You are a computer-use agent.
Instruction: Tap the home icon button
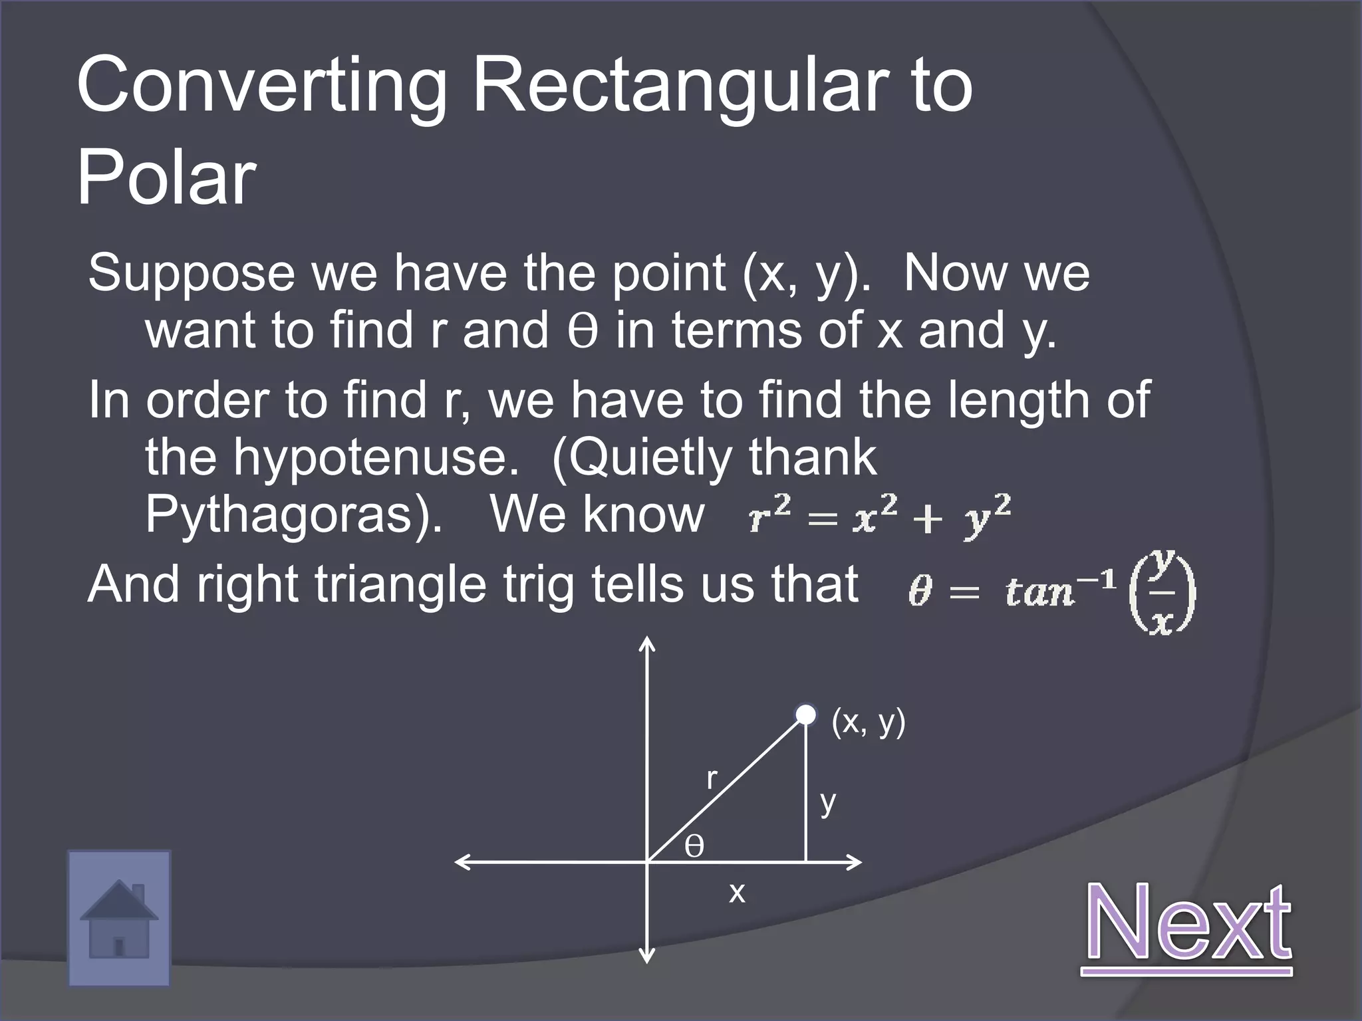pyautogui.click(x=119, y=918)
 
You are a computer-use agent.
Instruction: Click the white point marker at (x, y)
pyautogui.click(x=805, y=715)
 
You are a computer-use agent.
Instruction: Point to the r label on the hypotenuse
pyautogui.click(x=712, y=778)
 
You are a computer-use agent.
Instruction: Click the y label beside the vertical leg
pyautogui.click(x=827, y=802)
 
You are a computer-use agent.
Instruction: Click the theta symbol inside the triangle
pyautogui.click(x=694, y=847)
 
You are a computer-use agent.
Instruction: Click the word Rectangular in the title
pyautogui.click(x=684, y=86)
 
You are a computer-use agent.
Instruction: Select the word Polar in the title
pyautogui.click(x=166, y=176)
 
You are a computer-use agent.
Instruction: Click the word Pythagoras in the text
pyautogui.click(x=293, y=514)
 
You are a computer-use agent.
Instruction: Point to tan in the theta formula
pyautogui.click(x=1039, y=590)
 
